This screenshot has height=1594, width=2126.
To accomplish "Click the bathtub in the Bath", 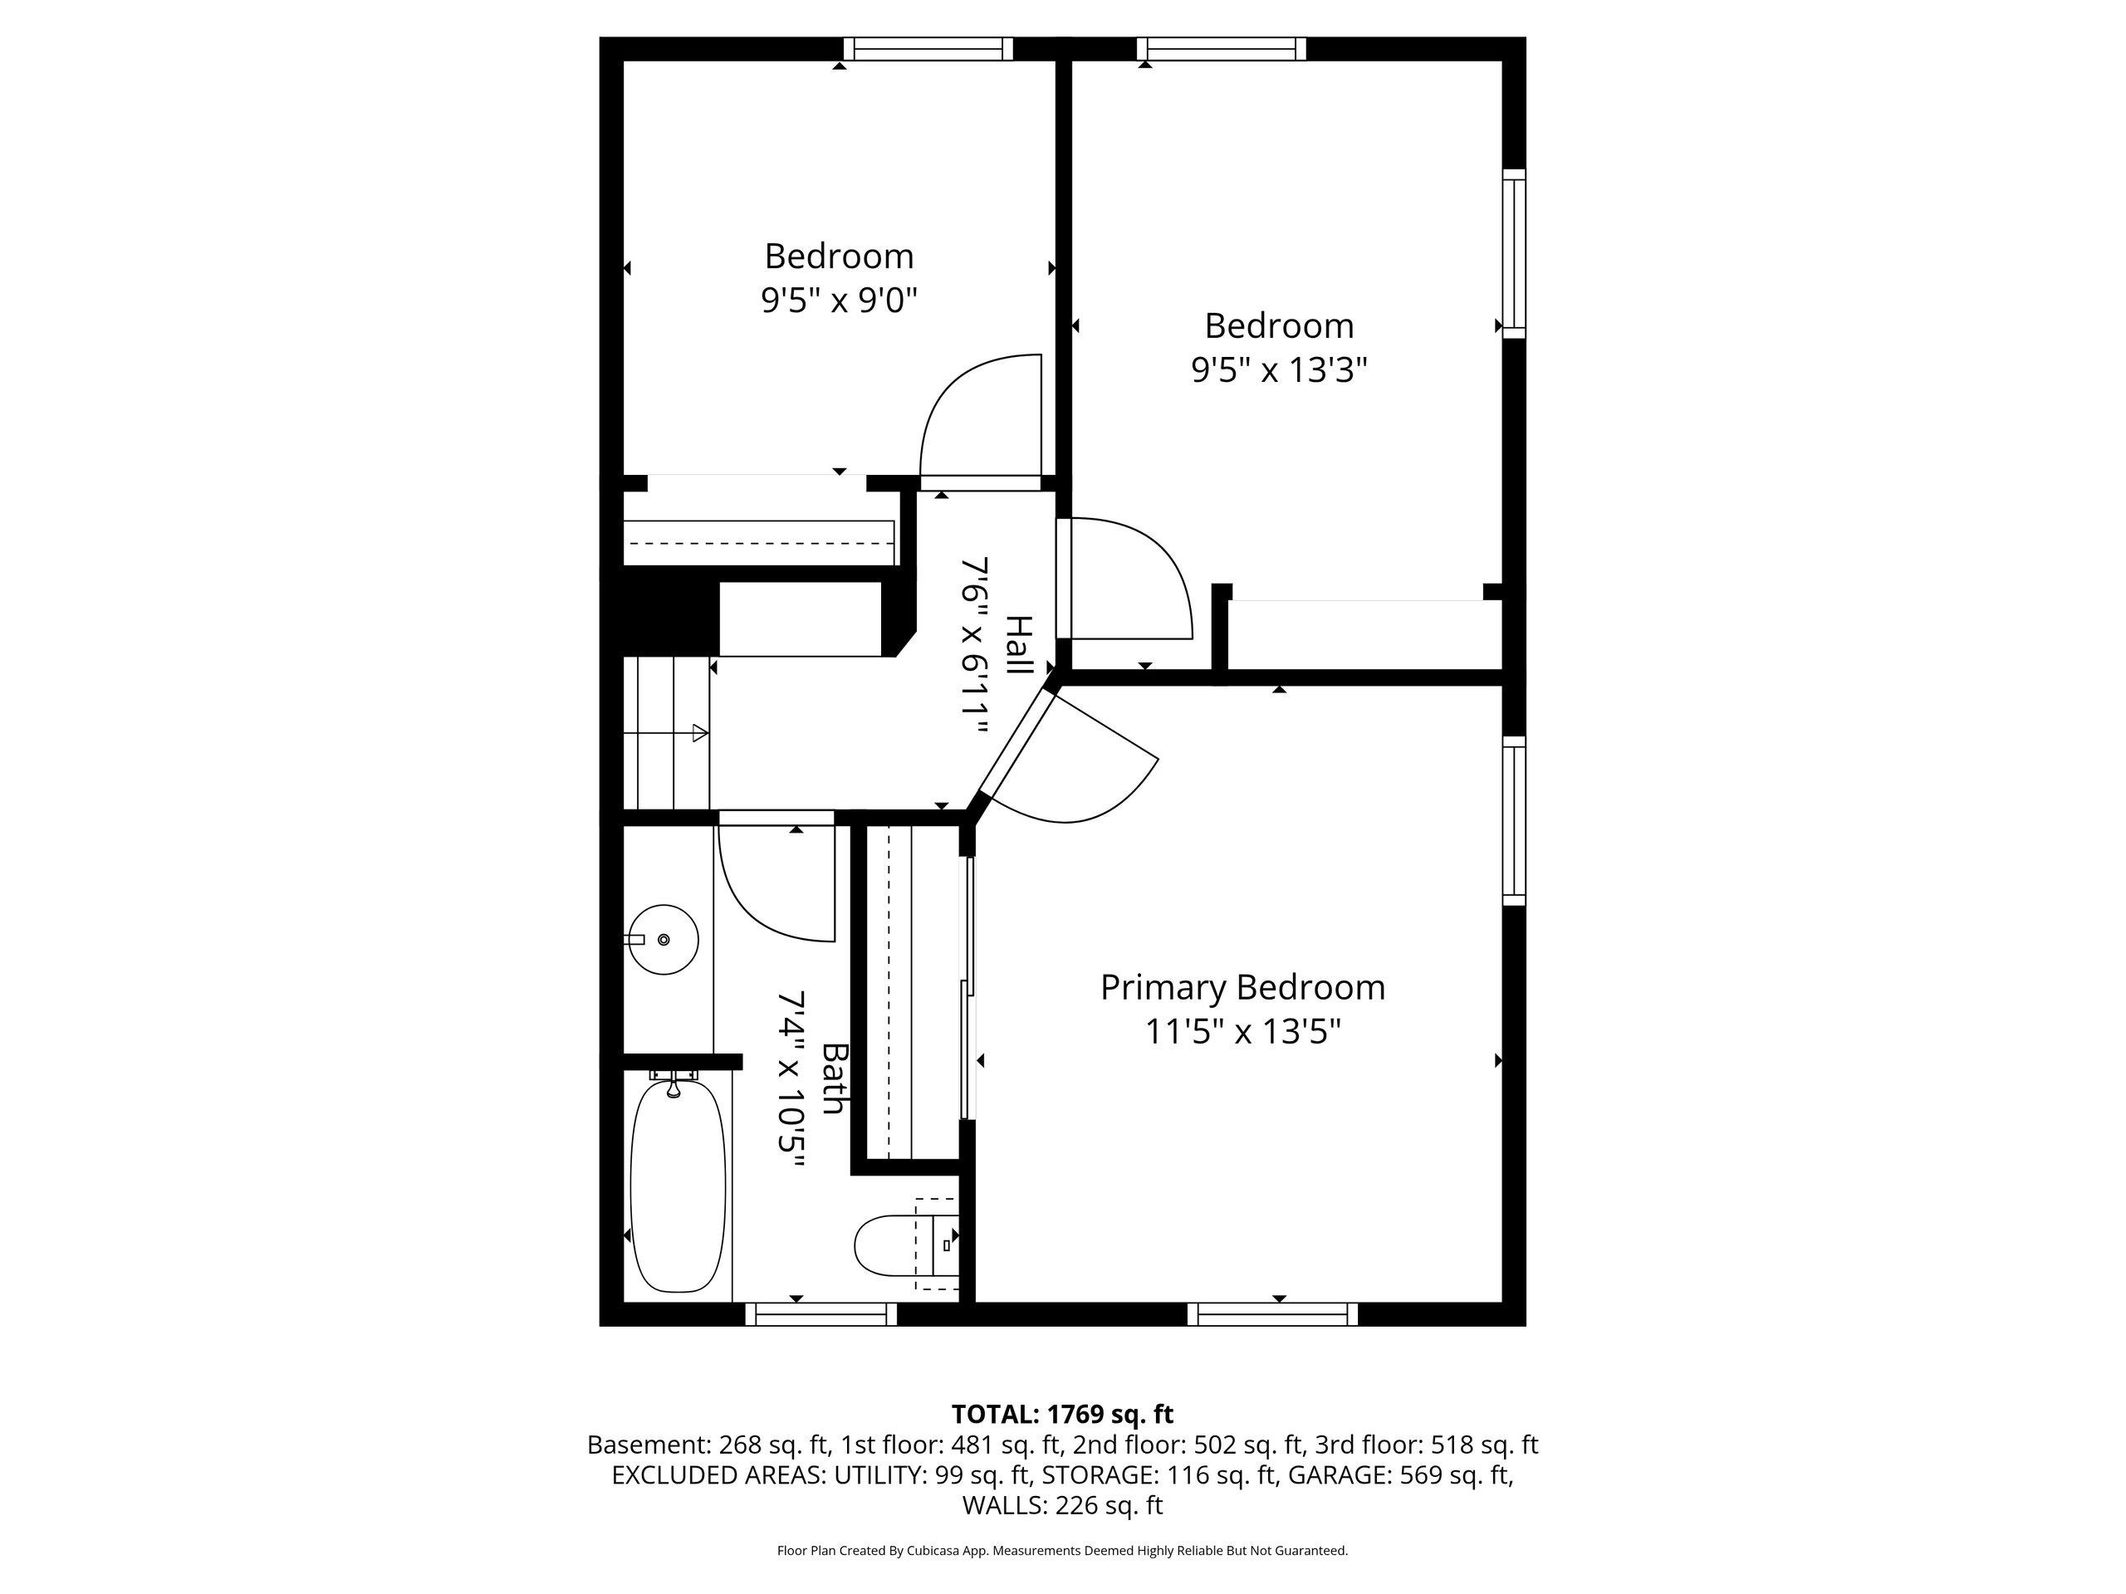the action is point(678,1186).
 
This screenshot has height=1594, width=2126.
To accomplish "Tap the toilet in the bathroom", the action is point(905,1245).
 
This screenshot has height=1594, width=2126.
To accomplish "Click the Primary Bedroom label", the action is point(1242,987).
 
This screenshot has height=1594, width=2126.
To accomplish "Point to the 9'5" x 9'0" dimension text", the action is point(839,301).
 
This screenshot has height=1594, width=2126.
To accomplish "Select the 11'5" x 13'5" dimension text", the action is point(1242,1032).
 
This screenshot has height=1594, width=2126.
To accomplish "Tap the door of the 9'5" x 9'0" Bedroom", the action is point(980,421).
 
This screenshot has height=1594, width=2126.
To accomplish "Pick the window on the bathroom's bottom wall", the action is point(822,1313).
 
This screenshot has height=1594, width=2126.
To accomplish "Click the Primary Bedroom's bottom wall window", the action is point(1272,1313).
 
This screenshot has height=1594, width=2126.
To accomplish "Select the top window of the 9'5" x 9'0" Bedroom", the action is point(928,49).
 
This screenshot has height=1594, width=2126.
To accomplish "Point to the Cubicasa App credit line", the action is point(1062,1551).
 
